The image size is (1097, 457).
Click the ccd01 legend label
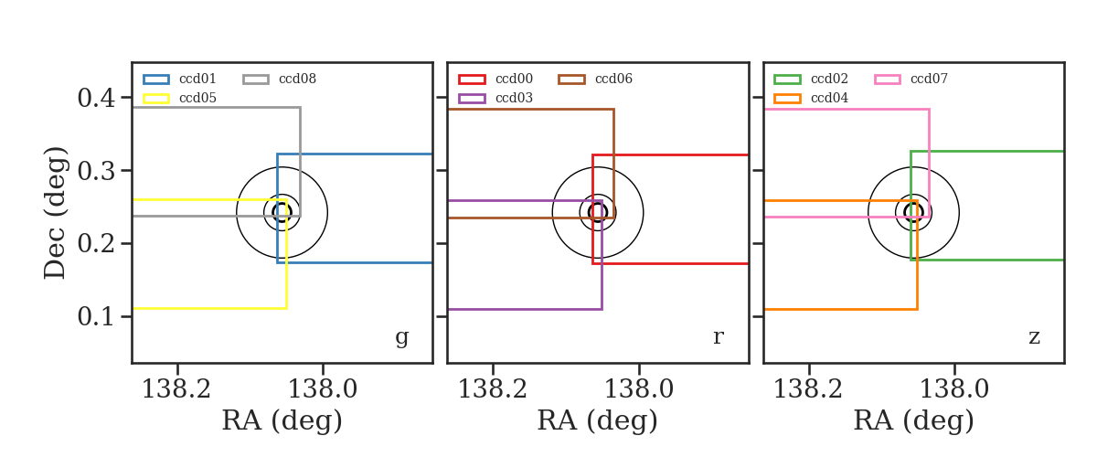tap(197, 79)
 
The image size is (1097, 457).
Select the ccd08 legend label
tap(297, 79)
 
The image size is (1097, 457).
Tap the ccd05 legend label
tap(197, 98)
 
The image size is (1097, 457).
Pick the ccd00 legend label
tap(514, 79)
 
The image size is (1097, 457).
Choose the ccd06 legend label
tap(613, 79)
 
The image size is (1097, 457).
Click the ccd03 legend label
tap(514, 98)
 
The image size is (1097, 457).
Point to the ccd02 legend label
tap(829, 79)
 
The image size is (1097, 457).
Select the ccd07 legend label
tap(929, 79)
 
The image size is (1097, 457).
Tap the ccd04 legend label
tap(829, 98)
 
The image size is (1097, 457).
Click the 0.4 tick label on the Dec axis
tap(97, 98)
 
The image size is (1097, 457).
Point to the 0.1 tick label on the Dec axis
tap(97, 316)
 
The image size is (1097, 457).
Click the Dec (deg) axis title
tap(55, 213)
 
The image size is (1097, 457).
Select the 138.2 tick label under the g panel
tap(176, 389)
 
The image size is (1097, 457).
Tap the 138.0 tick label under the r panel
tap(639, 389)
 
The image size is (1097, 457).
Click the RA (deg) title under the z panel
tap(914, 420)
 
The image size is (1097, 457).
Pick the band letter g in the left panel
tap(401, 338)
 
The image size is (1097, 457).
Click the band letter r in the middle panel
tap(718, 337)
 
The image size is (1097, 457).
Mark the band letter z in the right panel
tap(1034, 337)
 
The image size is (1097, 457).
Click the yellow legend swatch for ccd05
tap(156, 99)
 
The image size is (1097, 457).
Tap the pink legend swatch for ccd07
tap(888, 80)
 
